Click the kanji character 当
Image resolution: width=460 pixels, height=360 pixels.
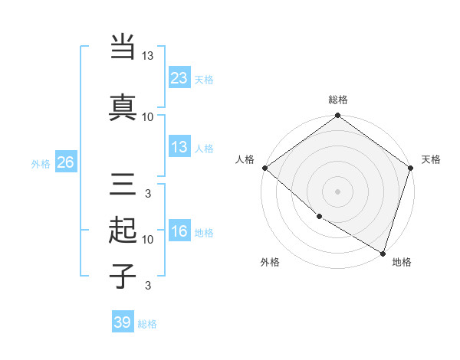[123, 47]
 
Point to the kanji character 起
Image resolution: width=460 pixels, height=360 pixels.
[123, 231]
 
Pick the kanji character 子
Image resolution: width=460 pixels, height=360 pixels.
[123, 276]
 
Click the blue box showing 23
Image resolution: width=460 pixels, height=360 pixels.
[179, 77]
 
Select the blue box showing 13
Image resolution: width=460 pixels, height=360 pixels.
[179, 147]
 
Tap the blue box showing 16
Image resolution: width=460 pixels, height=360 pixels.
[179, 231]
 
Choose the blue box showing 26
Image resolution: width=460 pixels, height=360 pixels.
[65, 162]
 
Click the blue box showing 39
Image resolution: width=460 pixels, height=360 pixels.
[123, 322]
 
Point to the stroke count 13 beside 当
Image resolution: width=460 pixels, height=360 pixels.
[148, 56]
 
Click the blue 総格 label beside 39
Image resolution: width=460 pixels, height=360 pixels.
[147, 324]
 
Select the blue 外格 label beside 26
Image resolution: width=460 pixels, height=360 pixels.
[41, 163]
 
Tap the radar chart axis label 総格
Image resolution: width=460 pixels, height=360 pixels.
[337, 100]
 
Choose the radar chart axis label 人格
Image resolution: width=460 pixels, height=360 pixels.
[245, 159]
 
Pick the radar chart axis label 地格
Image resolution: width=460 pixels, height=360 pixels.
[402, 262]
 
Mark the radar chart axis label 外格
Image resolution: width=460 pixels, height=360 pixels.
[270, 262]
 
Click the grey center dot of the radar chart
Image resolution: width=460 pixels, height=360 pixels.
[337, 191]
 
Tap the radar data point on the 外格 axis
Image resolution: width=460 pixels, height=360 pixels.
[319, 217]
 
